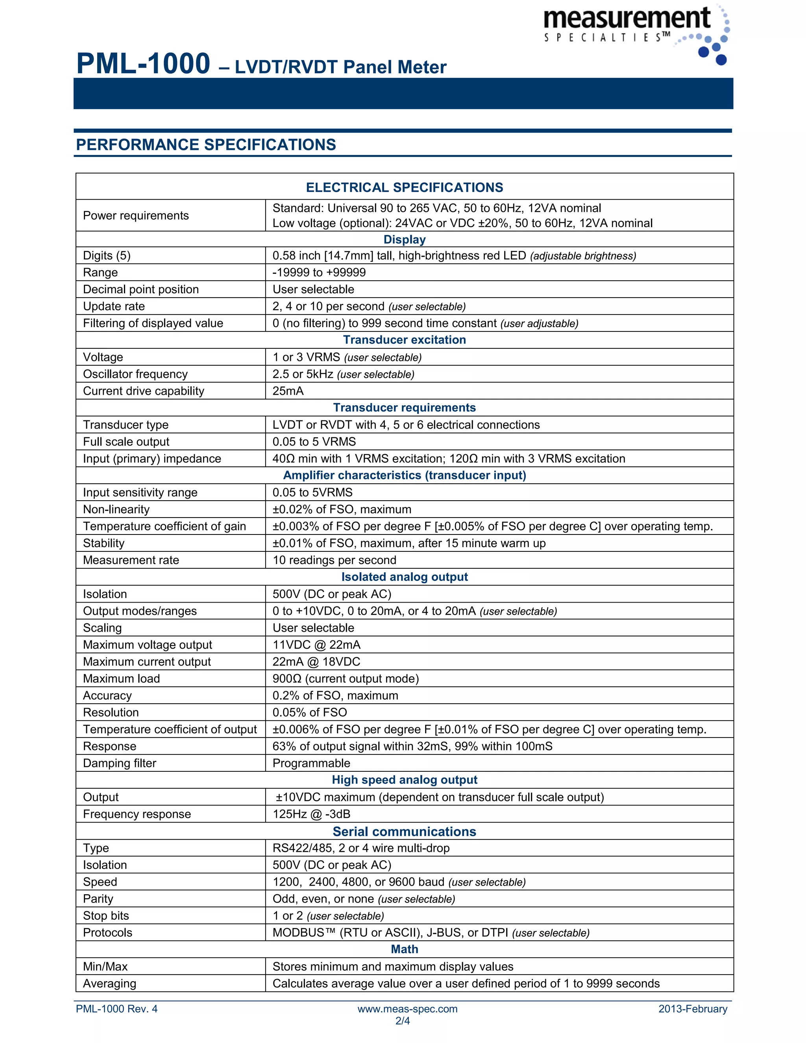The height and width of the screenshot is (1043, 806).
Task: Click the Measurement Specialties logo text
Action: tap(627, 20)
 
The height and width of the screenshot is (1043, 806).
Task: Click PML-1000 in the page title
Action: tap(143, 64)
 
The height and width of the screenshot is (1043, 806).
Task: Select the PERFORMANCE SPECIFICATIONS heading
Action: tap(206, 145)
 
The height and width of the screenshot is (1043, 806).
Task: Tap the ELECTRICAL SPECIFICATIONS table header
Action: tap(405, 187)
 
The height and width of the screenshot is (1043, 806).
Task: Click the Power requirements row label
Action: tap(136, 215)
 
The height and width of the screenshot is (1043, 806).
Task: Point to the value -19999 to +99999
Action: tap(319, 272)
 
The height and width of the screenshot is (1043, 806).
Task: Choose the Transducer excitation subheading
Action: tap(405, 340)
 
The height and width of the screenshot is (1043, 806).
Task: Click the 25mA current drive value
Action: tap(288, 391)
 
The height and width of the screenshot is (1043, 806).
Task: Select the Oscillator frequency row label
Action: tap(135, 374)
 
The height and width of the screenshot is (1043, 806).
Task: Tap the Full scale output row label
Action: tap(126, 442)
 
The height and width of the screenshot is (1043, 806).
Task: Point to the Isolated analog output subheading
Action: tap(405, 577)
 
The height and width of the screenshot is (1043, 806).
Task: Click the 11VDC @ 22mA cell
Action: tap(316, 645)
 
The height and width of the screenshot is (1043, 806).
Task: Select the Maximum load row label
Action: tap(121, 679)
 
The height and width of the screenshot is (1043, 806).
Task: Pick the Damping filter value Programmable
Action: tap(311, 763)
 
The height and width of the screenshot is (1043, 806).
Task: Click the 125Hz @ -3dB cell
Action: tap(311, 814)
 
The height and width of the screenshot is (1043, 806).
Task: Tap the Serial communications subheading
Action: tap(405, 831)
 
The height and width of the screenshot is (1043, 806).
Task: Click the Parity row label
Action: tap(98, 899)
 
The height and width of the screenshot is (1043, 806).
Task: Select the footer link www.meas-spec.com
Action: tap(407, 1009)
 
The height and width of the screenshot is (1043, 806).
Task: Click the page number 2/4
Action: tap(403, 1021)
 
